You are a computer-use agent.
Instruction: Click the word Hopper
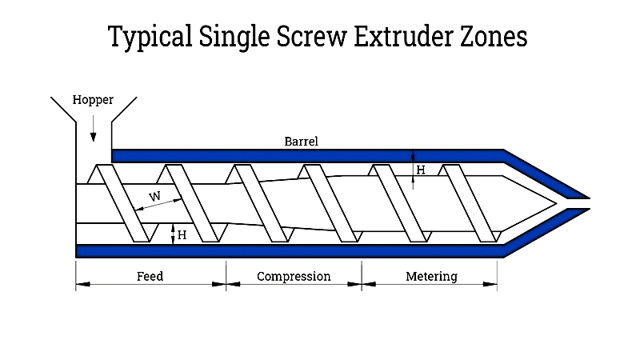click(93, 100)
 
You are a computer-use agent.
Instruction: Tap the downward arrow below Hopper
click(93, 128)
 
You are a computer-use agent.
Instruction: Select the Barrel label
click(302, 142)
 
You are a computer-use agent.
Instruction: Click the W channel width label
click(154, 196)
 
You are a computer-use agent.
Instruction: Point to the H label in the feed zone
click(182, 235)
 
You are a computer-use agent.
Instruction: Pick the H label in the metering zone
click(421, 170)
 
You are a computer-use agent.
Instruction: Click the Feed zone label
click(150, 276)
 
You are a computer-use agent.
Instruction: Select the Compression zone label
click(294, 276)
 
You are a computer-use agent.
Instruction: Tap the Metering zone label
click(431, 276)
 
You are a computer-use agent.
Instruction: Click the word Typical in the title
click(150, 37)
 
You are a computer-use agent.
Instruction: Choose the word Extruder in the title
click(403, 36)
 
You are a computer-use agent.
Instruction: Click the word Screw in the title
click(311, 36)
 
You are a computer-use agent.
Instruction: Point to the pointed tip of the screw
click(557, 203)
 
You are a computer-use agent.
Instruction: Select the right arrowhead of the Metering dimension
click(490, 284)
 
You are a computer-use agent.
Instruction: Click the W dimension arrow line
click(158, 205)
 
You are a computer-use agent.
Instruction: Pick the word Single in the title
click(234, 37)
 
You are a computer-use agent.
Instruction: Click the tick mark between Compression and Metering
click(362, 276)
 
